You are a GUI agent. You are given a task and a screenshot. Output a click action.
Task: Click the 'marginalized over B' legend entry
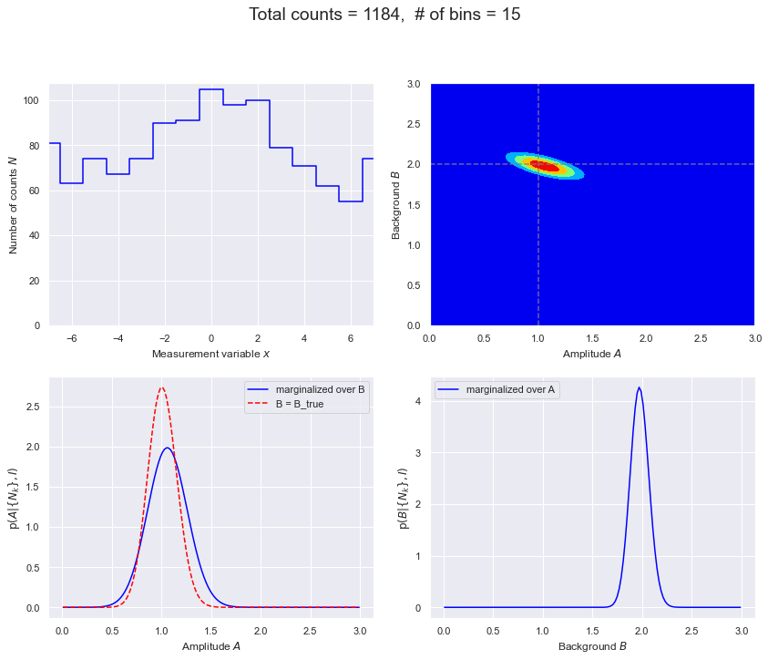pyautogui.click(x=324, y=389)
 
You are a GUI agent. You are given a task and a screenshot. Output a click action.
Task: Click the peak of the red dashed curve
pyautogui.click(x=161, y=387)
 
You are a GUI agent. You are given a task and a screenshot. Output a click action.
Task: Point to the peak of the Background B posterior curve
pyautogui.click(x=639, y=387)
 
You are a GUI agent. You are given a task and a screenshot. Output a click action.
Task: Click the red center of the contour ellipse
pyautogui.click(x=545, y=165)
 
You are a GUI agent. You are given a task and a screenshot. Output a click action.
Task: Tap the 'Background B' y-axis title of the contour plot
pyautogui.click(x=397, y=205)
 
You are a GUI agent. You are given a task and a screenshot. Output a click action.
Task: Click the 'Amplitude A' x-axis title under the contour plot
pyautogui.click(x=592, y=354)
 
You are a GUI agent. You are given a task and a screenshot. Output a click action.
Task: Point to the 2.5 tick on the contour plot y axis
pyautogui.click(x=414, y=125)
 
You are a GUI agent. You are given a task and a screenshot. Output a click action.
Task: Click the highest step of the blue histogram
pyautogui.click(x=210, y=89)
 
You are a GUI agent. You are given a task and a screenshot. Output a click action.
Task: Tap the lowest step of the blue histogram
pyautogui.click(x=350, y=201)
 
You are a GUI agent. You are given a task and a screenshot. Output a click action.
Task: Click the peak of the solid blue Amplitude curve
pyautogui.click(x=167, y=448)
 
